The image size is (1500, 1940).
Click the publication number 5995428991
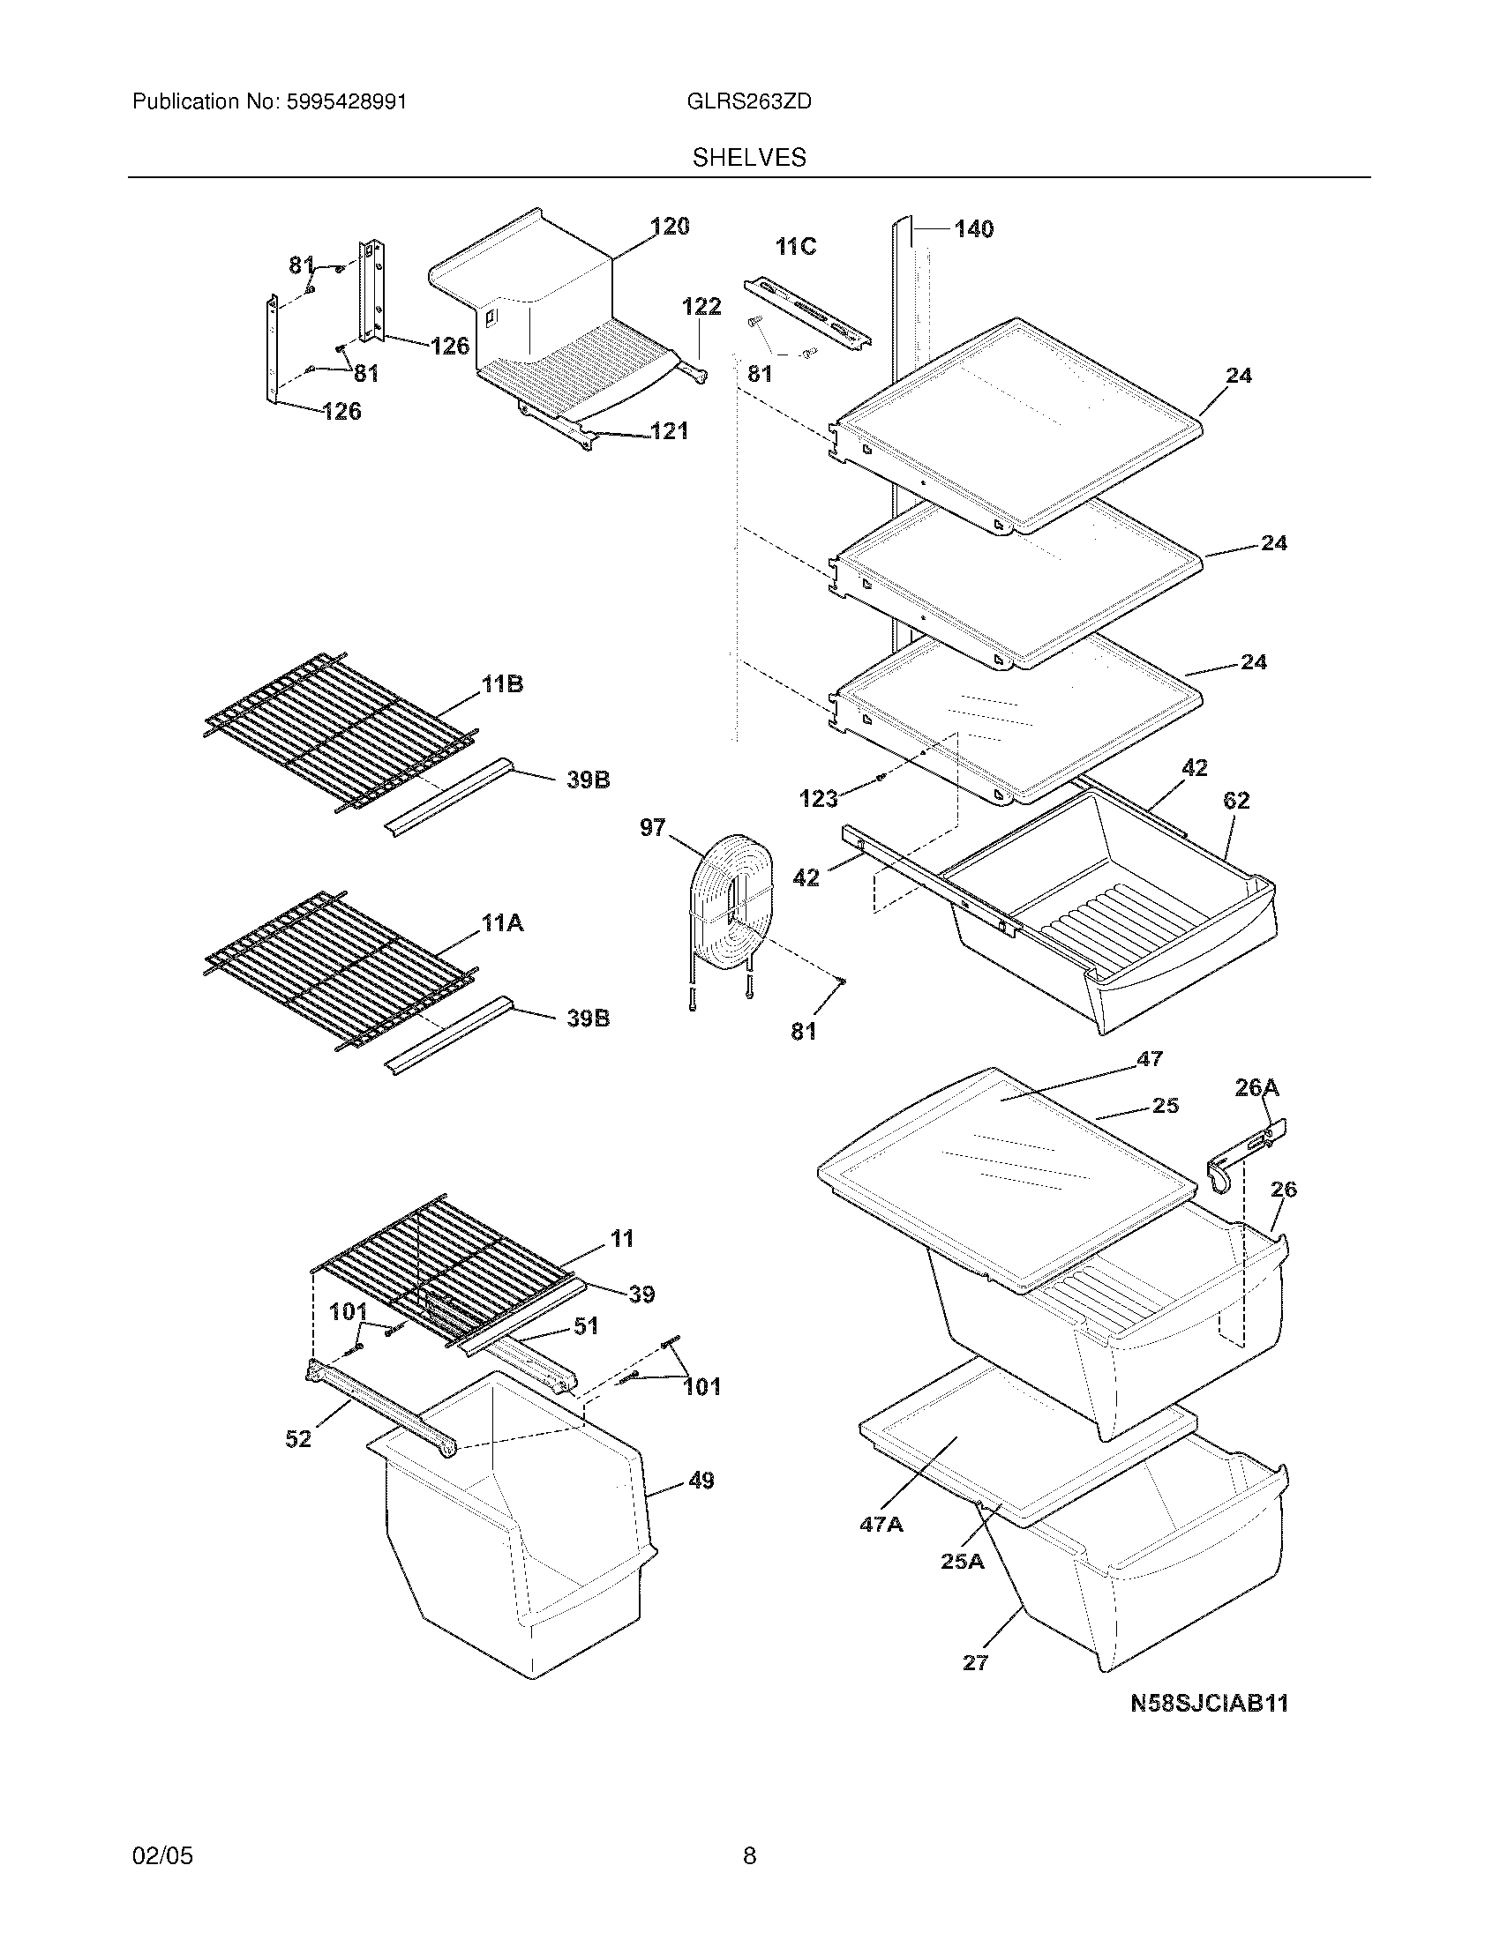347,102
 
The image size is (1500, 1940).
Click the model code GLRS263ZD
749,102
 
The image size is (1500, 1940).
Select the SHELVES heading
749,158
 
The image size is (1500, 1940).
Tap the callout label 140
974,229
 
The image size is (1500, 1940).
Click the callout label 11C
795,247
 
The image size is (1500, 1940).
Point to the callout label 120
670,227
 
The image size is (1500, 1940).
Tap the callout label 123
818,799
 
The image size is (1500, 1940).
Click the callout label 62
1236,801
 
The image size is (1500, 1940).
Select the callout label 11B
502,684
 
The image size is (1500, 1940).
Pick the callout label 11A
502,924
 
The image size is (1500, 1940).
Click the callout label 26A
1257,1087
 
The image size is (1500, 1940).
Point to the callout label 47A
881,1525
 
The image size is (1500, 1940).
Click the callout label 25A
963,1561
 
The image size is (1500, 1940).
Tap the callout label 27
975,1663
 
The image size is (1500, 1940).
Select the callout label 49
701,1481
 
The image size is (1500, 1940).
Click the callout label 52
298,1439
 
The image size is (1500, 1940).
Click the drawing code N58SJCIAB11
1209,1703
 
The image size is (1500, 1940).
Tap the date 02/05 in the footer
162,1855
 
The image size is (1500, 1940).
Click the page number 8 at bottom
749,1855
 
